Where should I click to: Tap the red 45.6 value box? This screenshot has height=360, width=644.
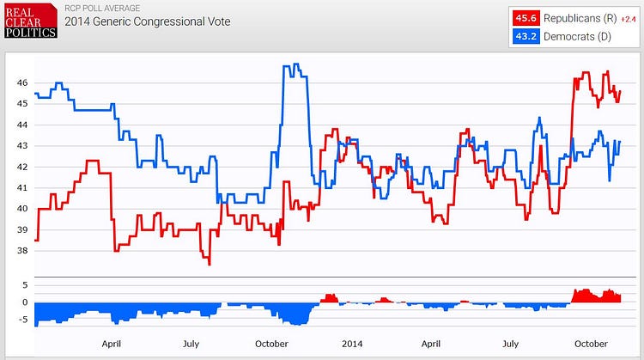525,18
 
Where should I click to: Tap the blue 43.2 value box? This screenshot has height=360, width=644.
525,38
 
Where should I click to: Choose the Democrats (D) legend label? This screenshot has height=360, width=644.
574,38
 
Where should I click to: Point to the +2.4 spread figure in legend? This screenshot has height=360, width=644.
628,18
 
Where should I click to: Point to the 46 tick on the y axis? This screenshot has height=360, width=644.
21,83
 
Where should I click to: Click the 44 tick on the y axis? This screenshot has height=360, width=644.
21,125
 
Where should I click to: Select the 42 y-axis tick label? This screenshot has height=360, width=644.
21,168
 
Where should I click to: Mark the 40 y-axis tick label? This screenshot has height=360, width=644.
21,210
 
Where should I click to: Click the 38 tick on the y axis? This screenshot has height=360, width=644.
21,251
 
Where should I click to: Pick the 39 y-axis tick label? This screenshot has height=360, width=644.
21,230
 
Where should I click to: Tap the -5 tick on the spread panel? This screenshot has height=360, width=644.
24,320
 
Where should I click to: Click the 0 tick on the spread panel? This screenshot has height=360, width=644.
25,302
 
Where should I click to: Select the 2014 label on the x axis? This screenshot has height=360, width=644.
352,345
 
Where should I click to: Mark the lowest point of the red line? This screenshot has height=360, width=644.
209,264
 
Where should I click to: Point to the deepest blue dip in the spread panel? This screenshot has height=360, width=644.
296,324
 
